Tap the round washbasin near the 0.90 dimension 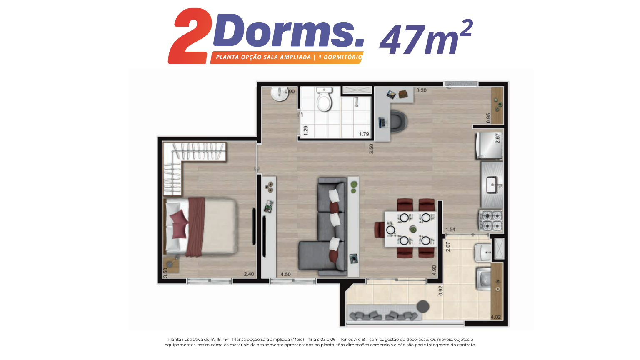click(280, 94)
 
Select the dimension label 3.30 click(421, 90)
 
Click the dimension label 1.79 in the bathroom click(364, 134)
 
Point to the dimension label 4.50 click(285, 274)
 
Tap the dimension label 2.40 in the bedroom click(249, 274)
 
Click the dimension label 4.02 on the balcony click(496, 317)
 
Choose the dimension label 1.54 click(450, 230)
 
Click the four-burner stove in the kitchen click(491, 220)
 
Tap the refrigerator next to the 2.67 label click(489, 145)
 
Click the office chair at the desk click(398, 122)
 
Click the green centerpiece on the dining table click(413, 229)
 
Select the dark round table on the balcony click(423, 307)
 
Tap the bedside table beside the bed click(171, 264)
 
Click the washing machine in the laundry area click(484, 279)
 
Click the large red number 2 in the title click(190, 36)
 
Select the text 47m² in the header click(426, 37)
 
